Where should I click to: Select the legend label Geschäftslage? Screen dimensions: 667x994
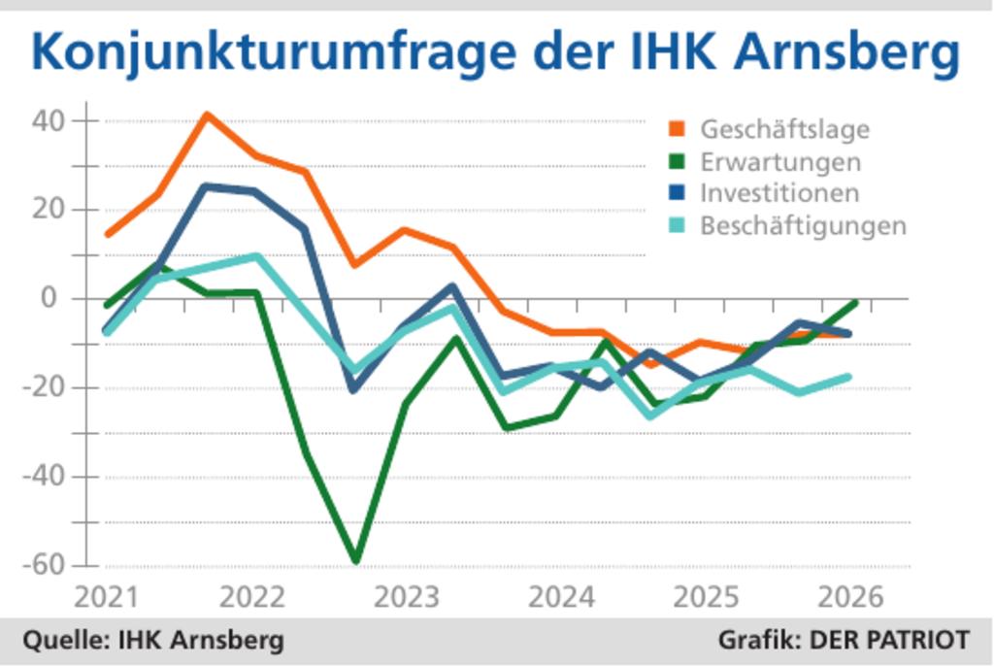point(784,129)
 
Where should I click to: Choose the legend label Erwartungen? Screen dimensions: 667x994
point(780,161)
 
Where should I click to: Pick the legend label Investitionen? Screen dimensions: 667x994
point(779,193)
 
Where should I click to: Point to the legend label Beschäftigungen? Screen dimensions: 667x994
point(803,226)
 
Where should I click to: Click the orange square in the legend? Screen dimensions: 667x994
point(678,129)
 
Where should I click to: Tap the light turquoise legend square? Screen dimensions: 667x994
point(678,226)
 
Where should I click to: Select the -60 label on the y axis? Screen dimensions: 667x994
point(47,565)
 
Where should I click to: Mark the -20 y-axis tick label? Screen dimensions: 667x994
point(47,388)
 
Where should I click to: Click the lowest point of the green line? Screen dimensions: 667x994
point(356,560)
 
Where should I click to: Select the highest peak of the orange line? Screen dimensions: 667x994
point(207,116)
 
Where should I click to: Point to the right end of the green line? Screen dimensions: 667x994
point(854,303)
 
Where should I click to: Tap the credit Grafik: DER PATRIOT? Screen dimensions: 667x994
point(843,641)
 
